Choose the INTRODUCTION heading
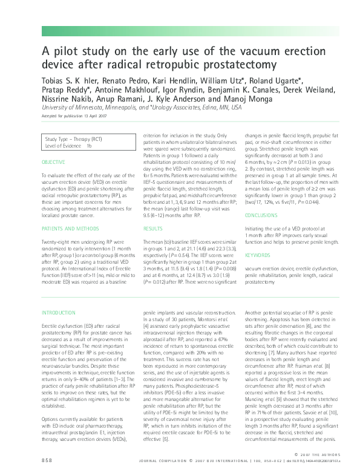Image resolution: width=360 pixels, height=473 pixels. (x=58, y=312)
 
